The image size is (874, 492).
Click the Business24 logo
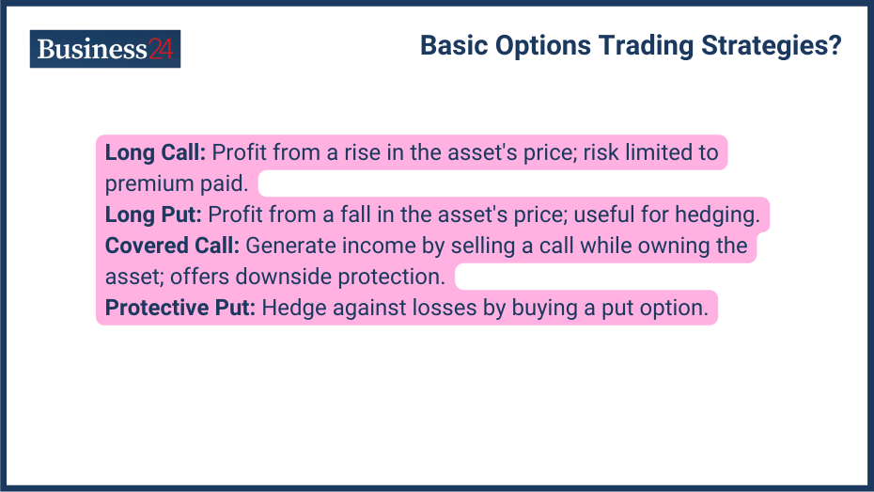point(104,49)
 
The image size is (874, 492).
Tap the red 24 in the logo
point(161,49)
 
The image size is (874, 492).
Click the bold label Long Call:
point(155,152)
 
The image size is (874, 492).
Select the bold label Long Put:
point(153,214)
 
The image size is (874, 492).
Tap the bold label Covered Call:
point(173,246)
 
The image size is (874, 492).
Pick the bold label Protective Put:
point(180,308)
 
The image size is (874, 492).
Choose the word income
point(373,246)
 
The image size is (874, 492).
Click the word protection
point(393,277)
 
